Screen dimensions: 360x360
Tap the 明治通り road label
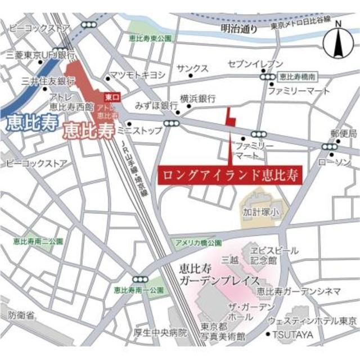coord(238,28)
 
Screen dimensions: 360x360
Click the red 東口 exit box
coord(112,97)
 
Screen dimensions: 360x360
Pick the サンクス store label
coord(192,68)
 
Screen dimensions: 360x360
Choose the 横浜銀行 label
coord(198,97)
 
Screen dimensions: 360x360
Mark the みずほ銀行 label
coord(156,105)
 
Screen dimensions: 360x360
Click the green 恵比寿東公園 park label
coord(149,38)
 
